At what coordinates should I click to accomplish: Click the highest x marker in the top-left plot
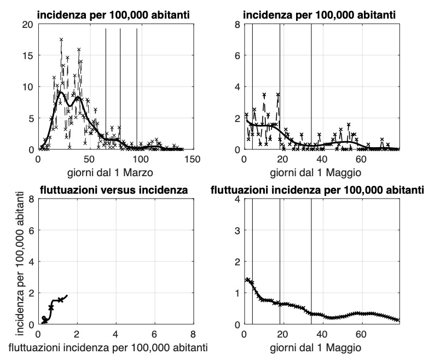(61, 39)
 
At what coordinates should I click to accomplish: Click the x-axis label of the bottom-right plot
(322, 347)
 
